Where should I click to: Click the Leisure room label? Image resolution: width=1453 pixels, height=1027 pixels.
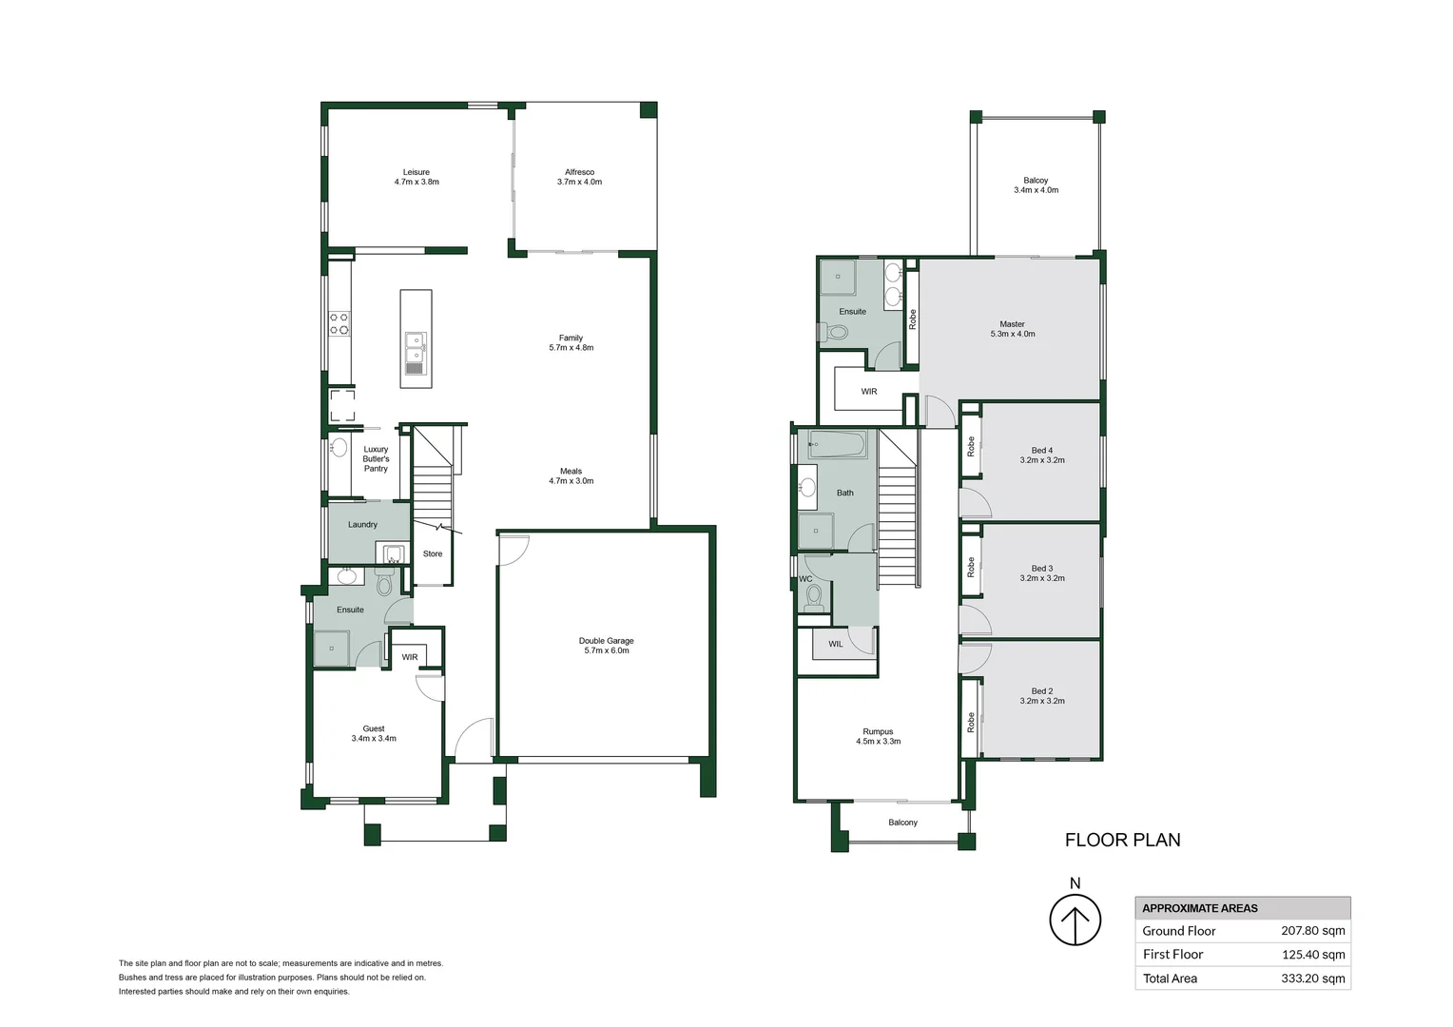click(417, 177)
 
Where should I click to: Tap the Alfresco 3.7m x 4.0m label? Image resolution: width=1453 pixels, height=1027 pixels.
click(579, 177)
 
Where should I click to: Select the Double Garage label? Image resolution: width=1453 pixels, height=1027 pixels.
click(606, 646)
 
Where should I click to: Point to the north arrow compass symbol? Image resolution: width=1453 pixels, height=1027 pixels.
click(1075, 920)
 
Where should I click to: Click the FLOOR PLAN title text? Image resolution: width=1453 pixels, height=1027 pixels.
click(1122, 840)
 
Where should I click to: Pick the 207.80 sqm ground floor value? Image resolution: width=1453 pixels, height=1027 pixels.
click(1312, 931)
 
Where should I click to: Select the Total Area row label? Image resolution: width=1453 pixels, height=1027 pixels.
click(1170, 979)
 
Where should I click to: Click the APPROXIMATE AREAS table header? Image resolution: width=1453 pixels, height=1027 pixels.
click(1199, 908)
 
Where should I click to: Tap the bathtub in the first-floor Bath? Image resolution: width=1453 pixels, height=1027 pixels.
click(837, 444)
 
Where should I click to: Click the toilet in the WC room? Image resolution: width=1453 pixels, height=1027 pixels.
click(813, 596)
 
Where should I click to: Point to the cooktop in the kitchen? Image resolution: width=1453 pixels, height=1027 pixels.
click(339, 323)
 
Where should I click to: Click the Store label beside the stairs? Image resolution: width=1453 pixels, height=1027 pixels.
click(433, 553)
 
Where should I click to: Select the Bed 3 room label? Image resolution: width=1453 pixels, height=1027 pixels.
click(1042, 573)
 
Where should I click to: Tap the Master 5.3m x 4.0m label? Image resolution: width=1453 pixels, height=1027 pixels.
click(1012, 329)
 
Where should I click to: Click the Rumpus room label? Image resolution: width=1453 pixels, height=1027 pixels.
click(878, 736)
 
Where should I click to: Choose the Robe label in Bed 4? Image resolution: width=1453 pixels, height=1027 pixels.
click(971, 446)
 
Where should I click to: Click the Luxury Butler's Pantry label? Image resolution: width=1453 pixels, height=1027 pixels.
click(376, 458)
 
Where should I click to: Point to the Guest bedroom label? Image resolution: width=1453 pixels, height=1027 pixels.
click(374, 733)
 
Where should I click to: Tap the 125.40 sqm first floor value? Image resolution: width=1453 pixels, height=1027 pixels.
click(1312, 955)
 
